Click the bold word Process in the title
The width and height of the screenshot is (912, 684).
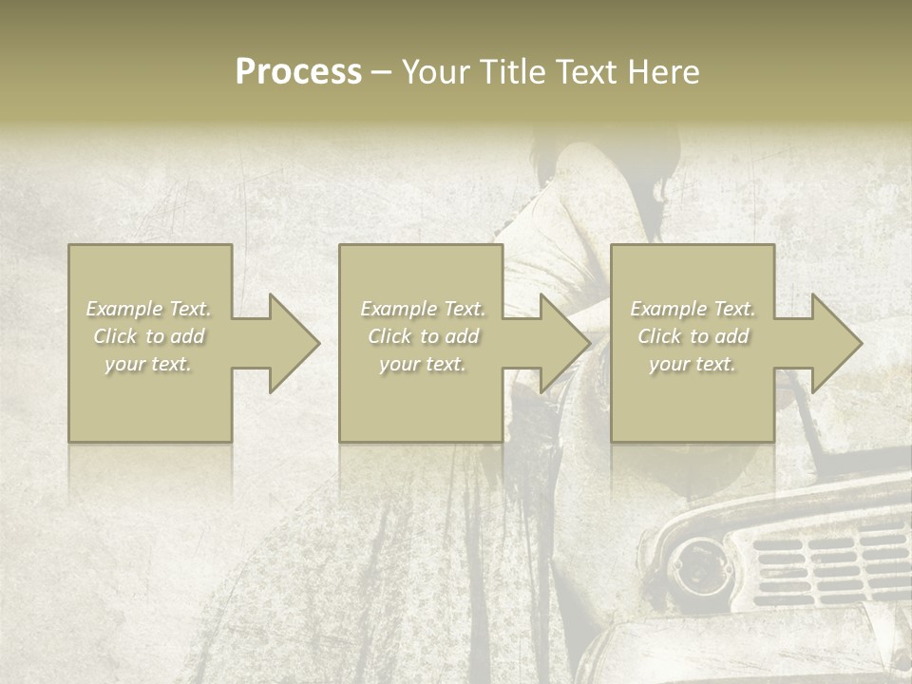point(298,72)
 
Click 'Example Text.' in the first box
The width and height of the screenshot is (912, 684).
point(149,309)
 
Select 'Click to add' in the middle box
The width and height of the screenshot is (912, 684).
point(423,336)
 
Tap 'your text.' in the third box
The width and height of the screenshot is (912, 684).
point(693,364)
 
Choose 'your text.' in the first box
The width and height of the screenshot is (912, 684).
point(149,364)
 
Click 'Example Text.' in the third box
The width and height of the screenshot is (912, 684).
point(693,309)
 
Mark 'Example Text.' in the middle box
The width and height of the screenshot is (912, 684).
point(423,309)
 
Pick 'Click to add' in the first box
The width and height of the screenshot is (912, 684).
point(149,336)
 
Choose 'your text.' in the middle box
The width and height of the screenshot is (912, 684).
point(423,364)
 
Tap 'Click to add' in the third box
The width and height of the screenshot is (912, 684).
point(693,336)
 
